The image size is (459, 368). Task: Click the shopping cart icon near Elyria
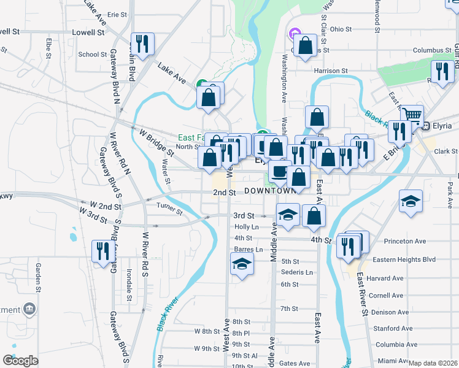click(411, 115)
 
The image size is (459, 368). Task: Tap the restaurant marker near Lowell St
click(142, 44)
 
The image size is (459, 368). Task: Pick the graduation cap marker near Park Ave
click(411, 202)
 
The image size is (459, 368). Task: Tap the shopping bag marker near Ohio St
click(305, 46)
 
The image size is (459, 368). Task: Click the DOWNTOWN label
click(270, 191)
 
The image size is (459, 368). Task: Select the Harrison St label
click(331, 71)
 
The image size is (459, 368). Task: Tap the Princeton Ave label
click(404, 241)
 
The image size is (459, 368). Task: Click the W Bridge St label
click(155, 140)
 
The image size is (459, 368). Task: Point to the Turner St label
click(169, 209)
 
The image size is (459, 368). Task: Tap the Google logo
click(20, 361)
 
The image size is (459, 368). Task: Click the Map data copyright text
click(433, 363)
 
